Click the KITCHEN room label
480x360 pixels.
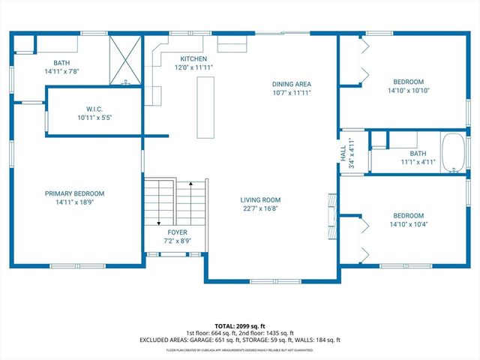[193, 58]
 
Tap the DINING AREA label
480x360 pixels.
[292, 84]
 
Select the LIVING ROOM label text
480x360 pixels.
[260, 199]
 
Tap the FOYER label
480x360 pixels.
[177, 232]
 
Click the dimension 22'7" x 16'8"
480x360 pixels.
[260, 209]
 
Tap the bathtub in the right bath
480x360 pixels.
[454, 154]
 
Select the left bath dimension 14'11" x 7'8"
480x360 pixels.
[61, 72]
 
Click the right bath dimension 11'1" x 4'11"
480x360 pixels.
[418, 162]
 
